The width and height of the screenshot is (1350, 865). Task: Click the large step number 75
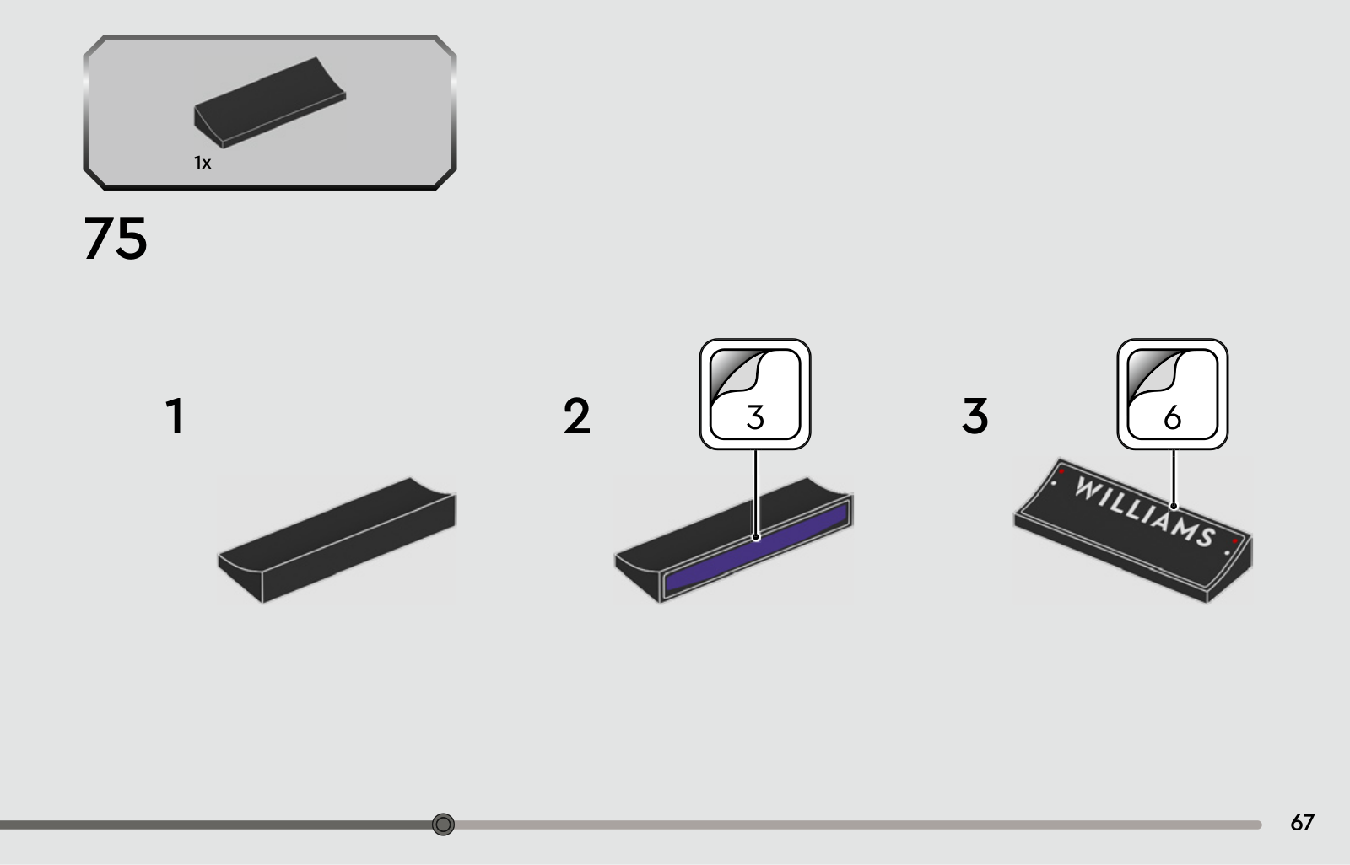click(115, 238)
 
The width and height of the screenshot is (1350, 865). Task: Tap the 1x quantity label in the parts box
click(202, 163)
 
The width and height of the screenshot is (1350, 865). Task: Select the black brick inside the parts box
click(270, 102)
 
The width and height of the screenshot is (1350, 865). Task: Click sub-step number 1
click(175, 416)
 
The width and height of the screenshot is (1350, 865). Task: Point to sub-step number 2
click(577, 416)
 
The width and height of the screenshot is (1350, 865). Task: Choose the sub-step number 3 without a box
click(975, 416)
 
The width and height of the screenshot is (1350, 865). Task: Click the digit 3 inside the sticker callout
click(755, 416)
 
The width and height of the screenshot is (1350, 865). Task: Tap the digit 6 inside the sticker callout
click(1172, 416)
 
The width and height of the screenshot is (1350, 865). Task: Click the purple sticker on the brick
click(757, 549)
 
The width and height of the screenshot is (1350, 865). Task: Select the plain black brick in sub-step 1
click(337, 540)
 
